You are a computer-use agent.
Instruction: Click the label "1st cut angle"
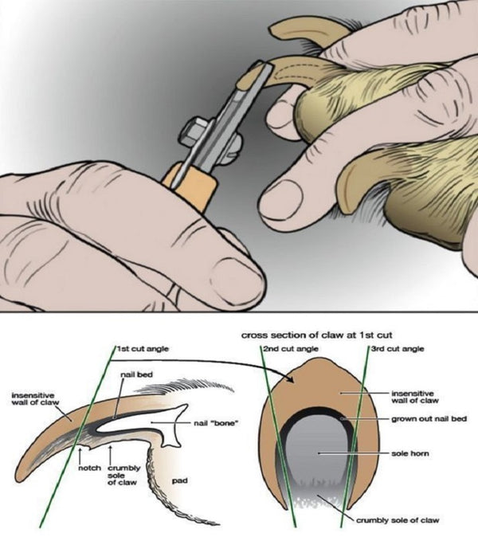143,349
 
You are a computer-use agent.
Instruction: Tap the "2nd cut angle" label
291,349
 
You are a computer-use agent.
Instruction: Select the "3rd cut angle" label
398,349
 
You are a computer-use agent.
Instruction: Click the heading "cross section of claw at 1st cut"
316,335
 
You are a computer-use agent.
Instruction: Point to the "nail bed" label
136,374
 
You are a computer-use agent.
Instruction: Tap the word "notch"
90,468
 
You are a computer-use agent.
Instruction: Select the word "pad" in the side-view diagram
179,480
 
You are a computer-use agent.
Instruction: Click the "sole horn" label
410,453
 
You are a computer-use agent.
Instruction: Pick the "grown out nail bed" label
429,419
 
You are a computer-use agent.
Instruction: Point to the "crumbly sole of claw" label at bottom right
398,520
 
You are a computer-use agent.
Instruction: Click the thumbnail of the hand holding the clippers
237,279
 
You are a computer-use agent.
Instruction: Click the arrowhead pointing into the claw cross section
291,379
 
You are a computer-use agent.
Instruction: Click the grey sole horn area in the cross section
316,456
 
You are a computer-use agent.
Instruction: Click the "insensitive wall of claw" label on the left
35,398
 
